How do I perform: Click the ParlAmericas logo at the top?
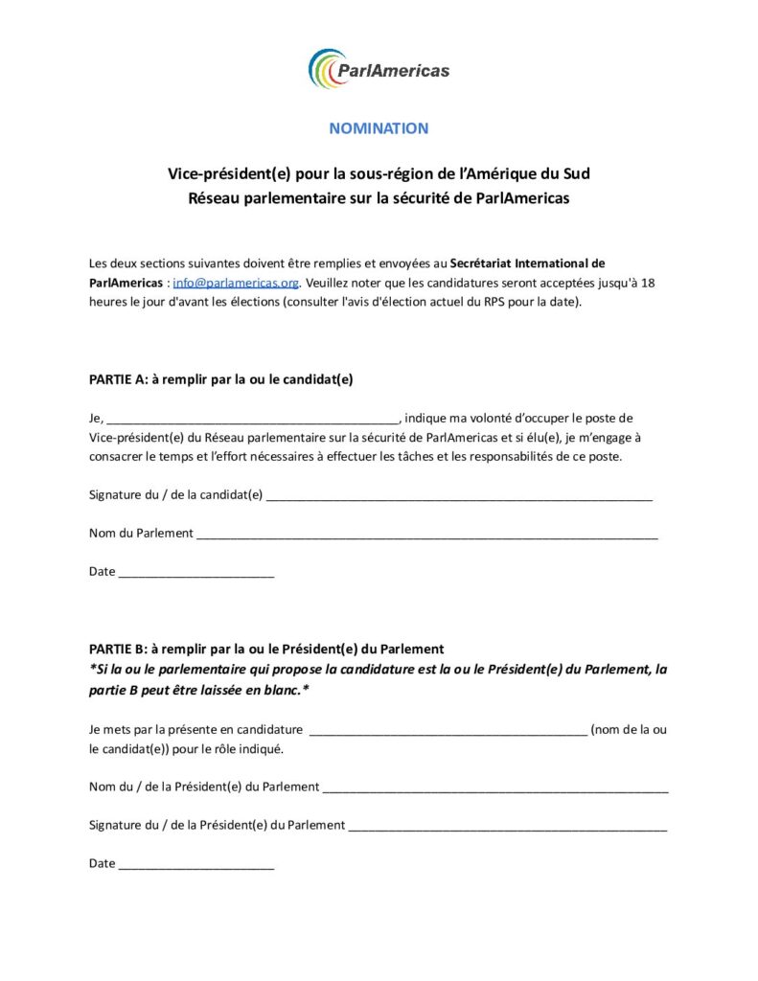379,69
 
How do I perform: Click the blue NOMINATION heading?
379,128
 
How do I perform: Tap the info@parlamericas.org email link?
236,283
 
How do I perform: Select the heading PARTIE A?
220,378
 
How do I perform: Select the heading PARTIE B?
265,649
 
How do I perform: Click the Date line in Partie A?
195,574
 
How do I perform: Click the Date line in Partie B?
195,865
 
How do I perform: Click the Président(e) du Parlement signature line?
507,827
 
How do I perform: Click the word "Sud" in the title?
577,174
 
